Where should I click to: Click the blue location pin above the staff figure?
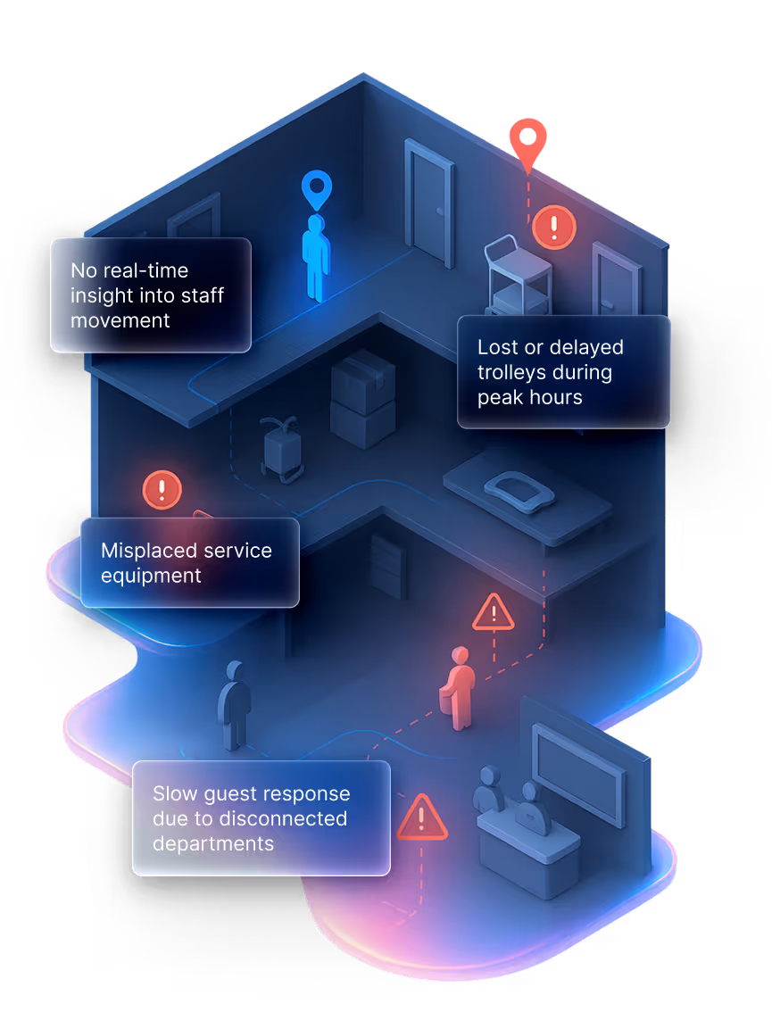point(316,188)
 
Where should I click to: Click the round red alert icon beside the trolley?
point(554,227)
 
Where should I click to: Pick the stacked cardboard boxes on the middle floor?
point(362,398)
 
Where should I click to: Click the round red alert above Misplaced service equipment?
point(162,490)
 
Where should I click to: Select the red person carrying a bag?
point(458,688)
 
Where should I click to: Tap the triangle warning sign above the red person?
point(493,613)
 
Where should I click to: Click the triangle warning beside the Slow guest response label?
point(421,817)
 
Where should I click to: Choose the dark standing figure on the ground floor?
point(235,705)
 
